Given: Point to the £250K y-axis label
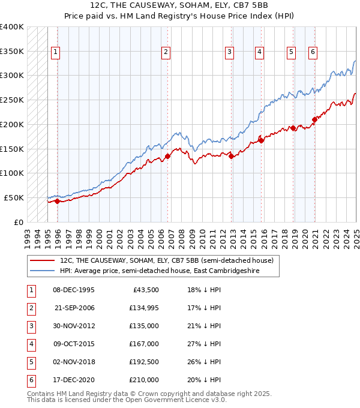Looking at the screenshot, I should [12, 100].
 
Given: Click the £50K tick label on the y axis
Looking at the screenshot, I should [14, 197].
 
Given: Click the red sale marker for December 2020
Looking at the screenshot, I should [314, 119].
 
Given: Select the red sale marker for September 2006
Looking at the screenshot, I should [167, 156].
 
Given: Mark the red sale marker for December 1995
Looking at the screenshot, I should [57, 201].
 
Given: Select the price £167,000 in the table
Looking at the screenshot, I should [145, 344].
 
